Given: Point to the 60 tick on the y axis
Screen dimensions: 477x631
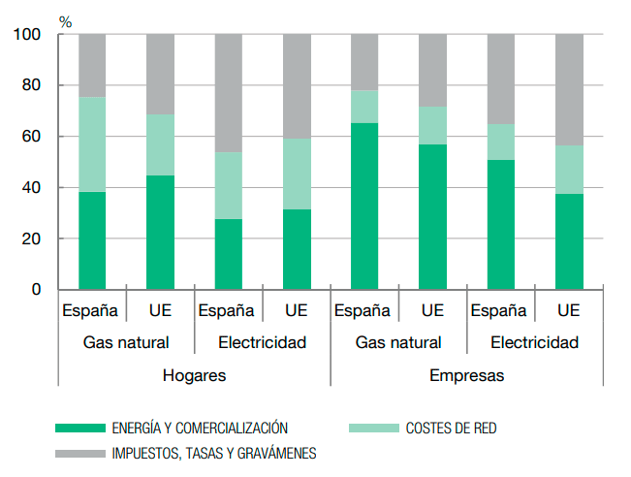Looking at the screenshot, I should click(32, 137).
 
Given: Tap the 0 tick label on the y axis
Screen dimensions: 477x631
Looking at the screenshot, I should click(37, 290).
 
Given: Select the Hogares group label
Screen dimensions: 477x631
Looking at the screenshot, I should click(194, 375).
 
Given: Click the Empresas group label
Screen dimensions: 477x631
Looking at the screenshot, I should click(466, 375).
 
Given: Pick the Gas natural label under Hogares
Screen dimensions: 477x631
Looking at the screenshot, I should click(126, 342).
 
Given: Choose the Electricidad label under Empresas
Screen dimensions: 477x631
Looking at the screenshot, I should click(534, 342).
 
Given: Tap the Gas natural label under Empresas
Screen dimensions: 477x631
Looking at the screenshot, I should click(398, 342).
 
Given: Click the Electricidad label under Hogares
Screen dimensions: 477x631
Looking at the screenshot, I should click(263, 342).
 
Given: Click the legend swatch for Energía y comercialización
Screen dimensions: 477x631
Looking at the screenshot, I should click(79, 427).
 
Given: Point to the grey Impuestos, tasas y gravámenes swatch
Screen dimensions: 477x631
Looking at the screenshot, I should click(79, 452).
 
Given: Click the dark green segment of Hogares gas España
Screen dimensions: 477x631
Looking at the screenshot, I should click(92, 240).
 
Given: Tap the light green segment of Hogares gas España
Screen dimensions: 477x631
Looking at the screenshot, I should click(92, 144).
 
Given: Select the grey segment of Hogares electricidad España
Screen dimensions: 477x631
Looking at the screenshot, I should click(229, 93).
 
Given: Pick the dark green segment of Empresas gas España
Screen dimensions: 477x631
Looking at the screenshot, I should click(364, 207).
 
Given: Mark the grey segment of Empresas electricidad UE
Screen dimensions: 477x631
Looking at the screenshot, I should click(569, 90).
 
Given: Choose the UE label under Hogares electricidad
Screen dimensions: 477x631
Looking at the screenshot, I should click(297, 311).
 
